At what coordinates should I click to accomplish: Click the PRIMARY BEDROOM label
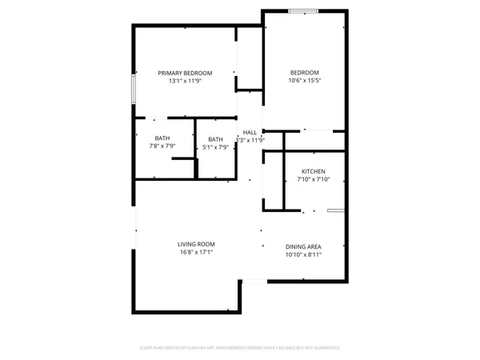[184, 73]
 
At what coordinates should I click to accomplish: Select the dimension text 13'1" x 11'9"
[184, 81]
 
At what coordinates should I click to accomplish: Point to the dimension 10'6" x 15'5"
[303, 81]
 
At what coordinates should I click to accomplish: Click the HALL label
[250, 132]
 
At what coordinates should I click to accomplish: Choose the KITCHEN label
[313, 172]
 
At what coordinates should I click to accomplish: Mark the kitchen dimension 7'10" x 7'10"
[313, 180]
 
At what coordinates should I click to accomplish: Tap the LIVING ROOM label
[196, 244]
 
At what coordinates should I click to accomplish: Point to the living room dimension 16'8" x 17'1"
[196, 252]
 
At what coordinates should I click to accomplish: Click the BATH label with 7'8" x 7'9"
[162, 138]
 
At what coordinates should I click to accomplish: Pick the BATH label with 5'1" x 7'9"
[216, 138]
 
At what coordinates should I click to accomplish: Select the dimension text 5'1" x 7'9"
[216, 147]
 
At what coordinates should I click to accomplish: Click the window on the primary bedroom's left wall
[133, 89]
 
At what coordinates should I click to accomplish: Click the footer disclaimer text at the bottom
[240, 348]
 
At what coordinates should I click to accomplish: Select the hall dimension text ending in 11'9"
[251, 140]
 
